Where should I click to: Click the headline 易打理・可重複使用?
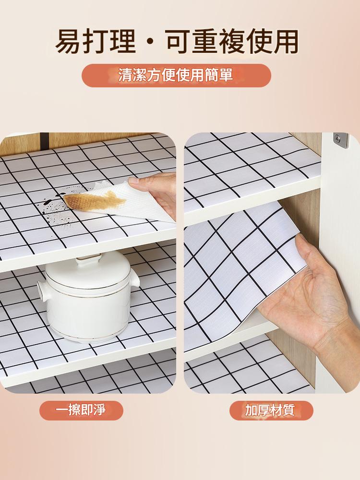(177, 42)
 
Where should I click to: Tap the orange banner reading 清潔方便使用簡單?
(176, 75)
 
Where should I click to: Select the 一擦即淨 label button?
(81, 410)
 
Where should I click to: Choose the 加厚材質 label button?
(271, 410)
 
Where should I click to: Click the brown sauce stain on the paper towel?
(94, 200)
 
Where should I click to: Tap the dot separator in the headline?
(150, 43)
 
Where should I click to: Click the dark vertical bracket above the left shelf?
(44, 140)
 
